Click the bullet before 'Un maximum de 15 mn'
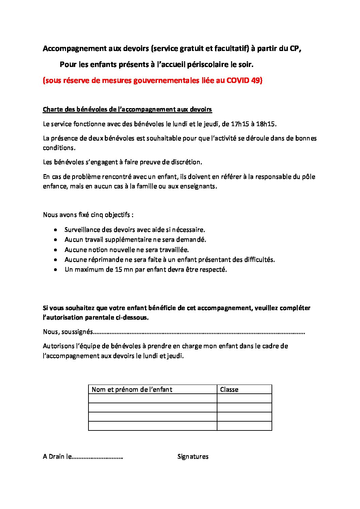tap(56, 270)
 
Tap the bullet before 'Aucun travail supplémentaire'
tap(56, 240)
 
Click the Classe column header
tap(229, 390)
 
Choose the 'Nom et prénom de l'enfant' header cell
tap(132, 390)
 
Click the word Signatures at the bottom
tap(193, 457)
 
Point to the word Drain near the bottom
tap(56, 457)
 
